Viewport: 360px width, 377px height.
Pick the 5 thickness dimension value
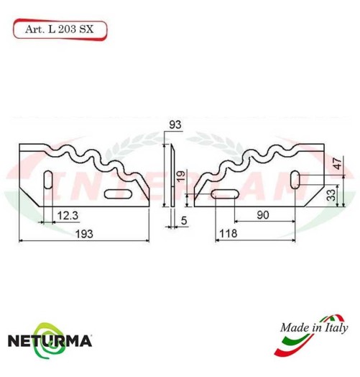185,221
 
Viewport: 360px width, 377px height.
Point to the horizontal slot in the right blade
225,194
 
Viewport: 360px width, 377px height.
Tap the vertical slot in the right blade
297,179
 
